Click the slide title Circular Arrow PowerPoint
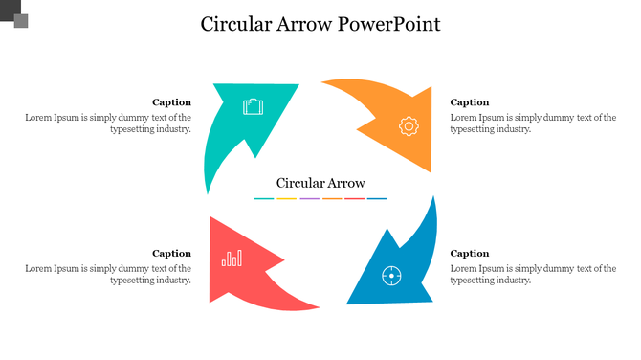320,25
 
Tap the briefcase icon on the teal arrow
253,106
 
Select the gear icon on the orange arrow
409,125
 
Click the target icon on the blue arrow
390,276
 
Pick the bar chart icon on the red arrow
232,258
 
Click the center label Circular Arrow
320,183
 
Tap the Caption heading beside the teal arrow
172,102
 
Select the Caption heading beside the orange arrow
470,102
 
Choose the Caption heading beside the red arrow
172,254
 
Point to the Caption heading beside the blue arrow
470,254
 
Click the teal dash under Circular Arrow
264,199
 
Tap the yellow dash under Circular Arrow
286,199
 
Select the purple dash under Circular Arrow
309,199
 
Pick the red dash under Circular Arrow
354,199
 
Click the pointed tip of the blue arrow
348,302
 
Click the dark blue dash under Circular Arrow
377,199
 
